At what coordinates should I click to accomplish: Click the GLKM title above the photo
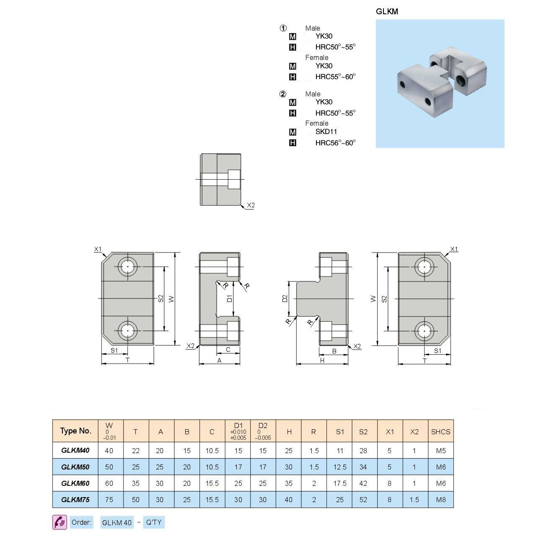point(387,12)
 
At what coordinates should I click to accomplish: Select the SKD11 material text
point(326,132)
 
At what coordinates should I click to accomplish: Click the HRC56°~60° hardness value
point(335,143)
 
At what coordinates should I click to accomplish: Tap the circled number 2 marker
point(283,94)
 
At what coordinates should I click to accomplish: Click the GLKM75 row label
point(75,500)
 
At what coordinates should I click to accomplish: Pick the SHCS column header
point(440,432)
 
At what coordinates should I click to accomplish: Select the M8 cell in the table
point(441,500)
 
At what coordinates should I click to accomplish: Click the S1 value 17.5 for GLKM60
point(340,483)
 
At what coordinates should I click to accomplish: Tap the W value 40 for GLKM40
point(109,451)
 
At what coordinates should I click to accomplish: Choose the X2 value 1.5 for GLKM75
point(414,500)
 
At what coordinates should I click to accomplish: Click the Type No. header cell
point(75,431)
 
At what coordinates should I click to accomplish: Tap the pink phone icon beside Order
point(60,522)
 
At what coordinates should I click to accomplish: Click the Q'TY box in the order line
point(154,522)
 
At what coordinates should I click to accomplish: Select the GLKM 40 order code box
point(117,523)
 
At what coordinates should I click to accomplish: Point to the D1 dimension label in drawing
point(229,299)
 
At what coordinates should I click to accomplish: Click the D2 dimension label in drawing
point(285,299)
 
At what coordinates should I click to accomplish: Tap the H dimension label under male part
point(322,360)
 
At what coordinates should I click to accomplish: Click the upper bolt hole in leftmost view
point(127,267)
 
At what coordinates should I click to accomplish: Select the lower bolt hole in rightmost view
point(424,331)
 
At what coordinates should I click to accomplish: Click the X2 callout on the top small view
point(251,205)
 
